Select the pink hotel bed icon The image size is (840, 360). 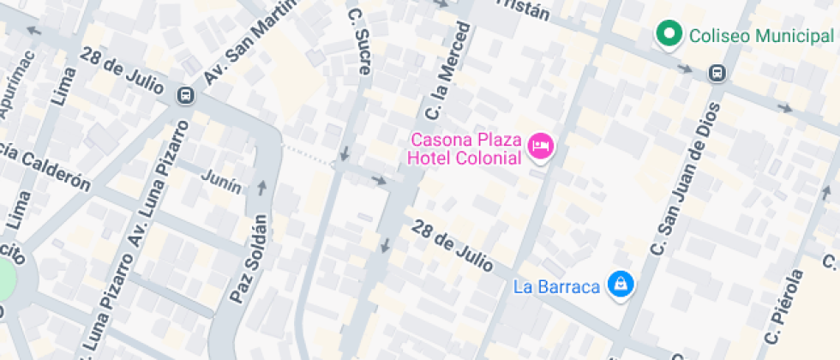540,147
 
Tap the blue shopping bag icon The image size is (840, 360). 619,285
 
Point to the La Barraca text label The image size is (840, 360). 556,286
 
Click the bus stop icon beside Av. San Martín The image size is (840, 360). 185,95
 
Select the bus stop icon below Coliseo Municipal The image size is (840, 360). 717,75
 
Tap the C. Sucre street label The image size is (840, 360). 359,39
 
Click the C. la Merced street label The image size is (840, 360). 448,72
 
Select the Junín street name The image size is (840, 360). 220,177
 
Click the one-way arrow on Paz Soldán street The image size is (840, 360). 262,185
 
